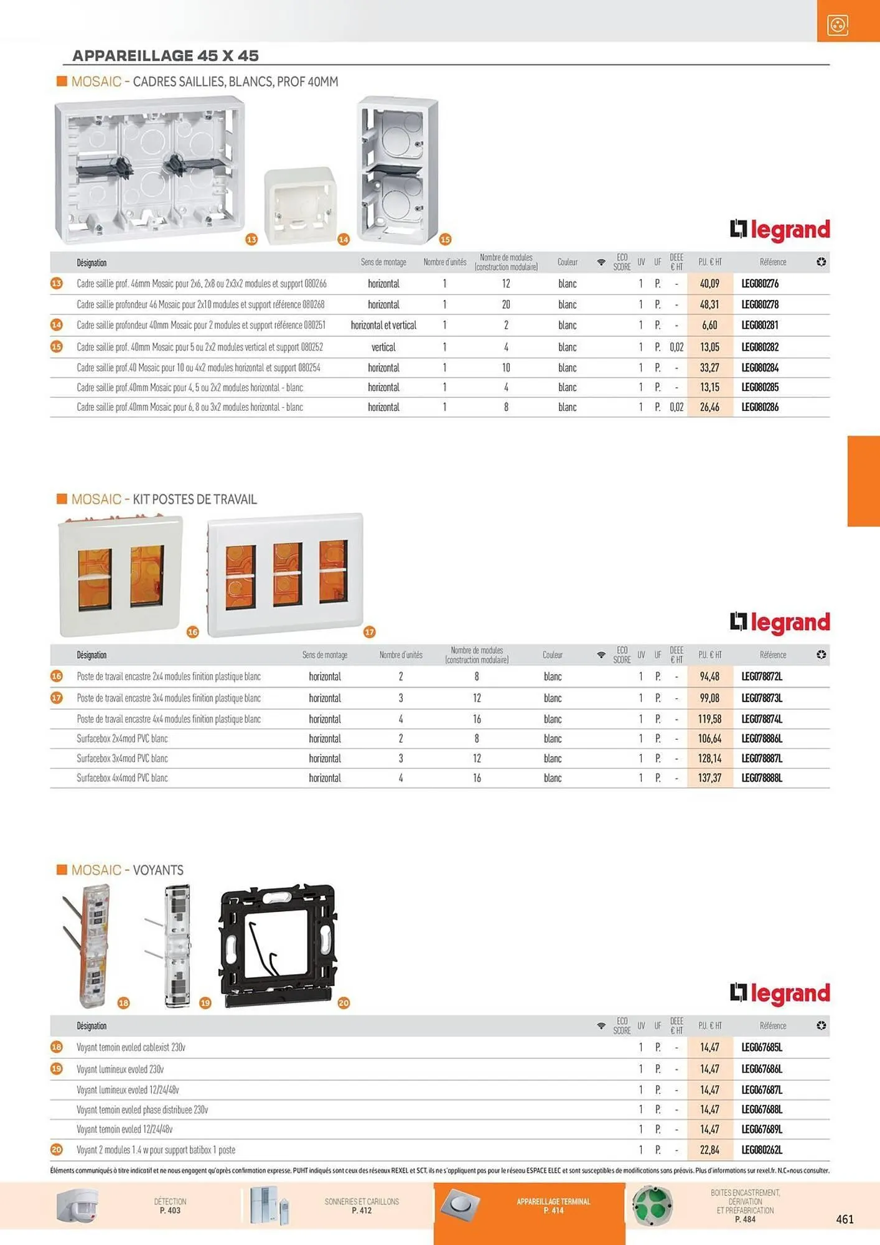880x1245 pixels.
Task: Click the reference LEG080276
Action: coord(760,284)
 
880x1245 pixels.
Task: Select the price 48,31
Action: coord(709,304)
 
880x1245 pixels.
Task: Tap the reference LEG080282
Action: coord(760,347)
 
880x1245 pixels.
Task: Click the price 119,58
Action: coord(709,719)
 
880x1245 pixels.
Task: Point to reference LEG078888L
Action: coord(762,778)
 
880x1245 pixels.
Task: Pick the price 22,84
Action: coord(709,1150)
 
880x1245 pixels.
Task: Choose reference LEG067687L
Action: coord(762,1090)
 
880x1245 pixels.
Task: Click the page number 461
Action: coord(845,1219)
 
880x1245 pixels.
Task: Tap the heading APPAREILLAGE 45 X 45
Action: coord(166,55)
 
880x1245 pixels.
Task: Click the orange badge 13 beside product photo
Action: coord(251,240)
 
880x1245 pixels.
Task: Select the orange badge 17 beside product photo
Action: coord(370,632)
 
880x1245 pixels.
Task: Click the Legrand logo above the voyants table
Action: coord(780,994)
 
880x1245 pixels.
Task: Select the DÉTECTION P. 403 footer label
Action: coord(170,1206)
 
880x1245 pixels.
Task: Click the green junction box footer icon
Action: coord(652,1206)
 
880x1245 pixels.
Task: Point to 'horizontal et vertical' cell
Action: coord(383,325)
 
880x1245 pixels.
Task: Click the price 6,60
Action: coord(709,325)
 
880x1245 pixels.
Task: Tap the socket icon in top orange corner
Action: coord(838,25)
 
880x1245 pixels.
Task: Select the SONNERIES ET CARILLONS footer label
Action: coord(362,1206)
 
